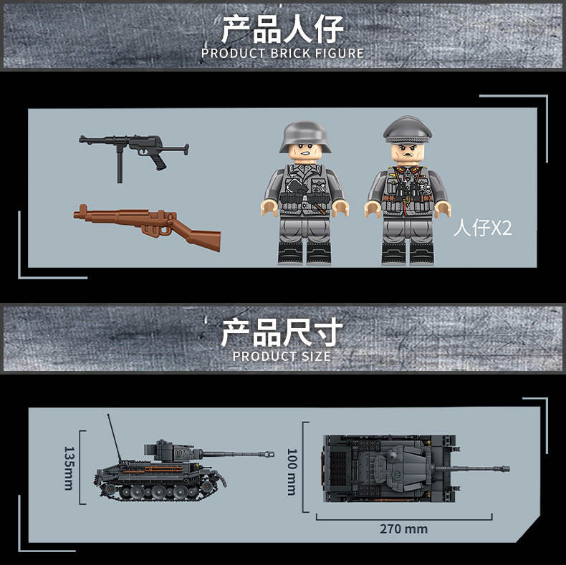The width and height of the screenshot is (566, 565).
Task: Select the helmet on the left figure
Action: click(x=305, y=137)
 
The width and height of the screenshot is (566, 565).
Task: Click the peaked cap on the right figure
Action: click(x=407, y=130)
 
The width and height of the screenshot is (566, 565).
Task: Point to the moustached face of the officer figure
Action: click(x=408, y=153)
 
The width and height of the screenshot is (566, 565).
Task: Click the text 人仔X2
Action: click(x=483, y=228)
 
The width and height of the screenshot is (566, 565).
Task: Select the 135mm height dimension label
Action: click(x=69, y=468)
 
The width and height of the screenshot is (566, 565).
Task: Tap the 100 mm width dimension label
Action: click(x=292, y=473)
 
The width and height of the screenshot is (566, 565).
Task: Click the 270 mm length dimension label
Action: click(x=403, y=529)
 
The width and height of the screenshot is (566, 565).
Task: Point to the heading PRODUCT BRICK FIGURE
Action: click(x=282, y=54)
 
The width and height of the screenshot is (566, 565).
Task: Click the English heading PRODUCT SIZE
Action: click(x=282, y=357)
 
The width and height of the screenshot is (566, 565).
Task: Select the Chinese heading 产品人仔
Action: click(x=282, y=29)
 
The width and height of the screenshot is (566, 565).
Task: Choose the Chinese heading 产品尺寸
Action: click(x=282, y=332)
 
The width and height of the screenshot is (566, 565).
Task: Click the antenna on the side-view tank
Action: click(x=115, y=438)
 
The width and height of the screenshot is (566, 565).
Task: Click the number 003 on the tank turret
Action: click(x=180, y=453)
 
